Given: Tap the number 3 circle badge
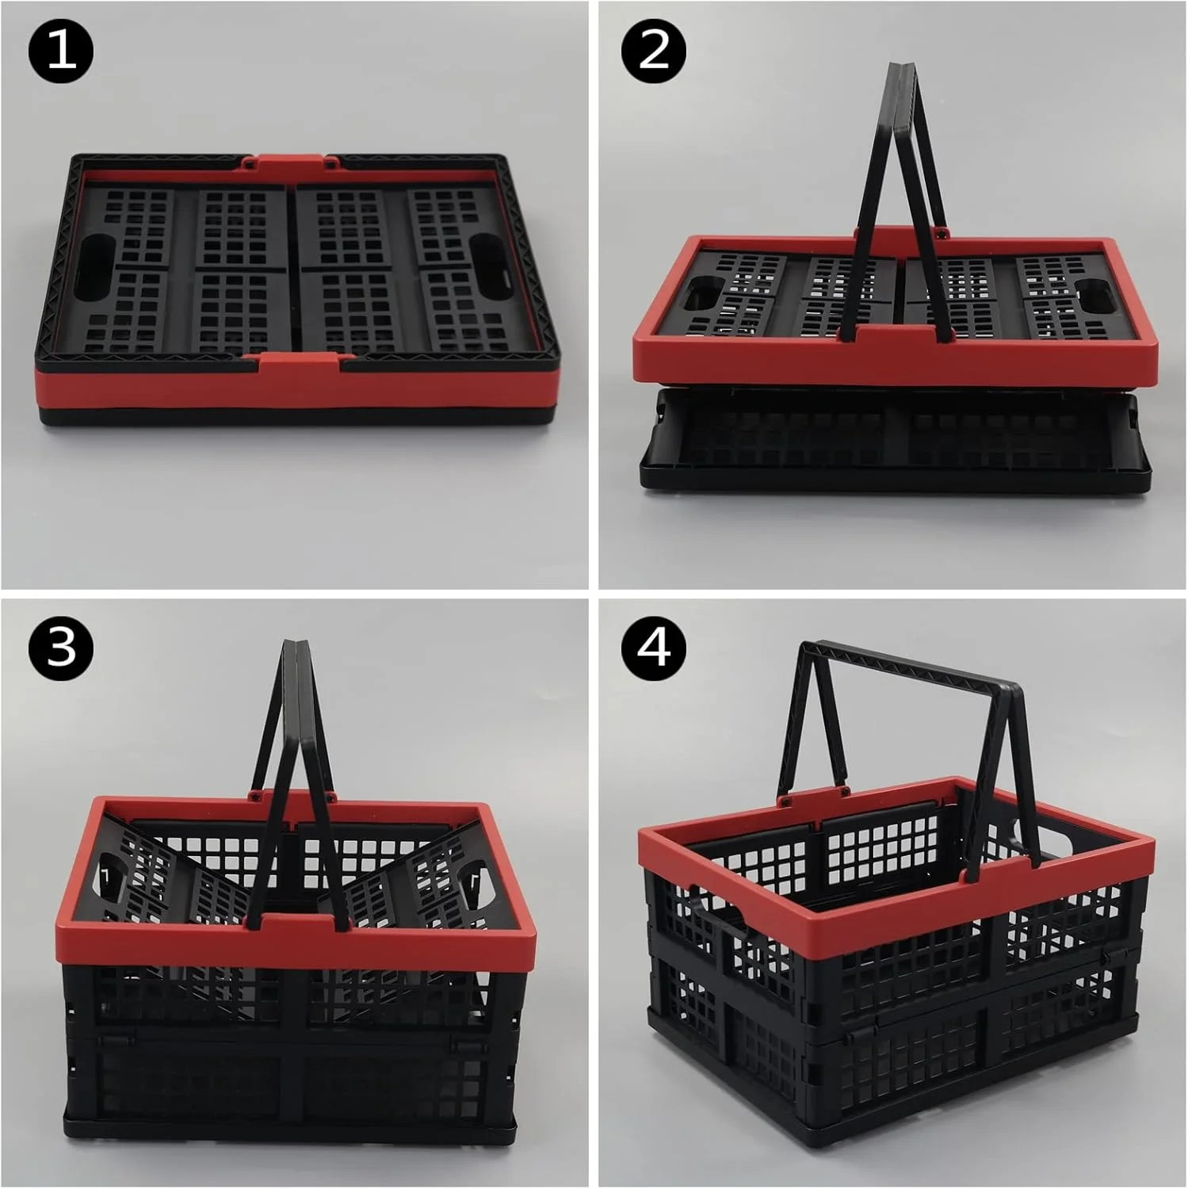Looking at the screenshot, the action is pos(61,647).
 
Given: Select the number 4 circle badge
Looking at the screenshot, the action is pos(654,647).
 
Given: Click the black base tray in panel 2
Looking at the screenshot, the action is pos(896,440).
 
